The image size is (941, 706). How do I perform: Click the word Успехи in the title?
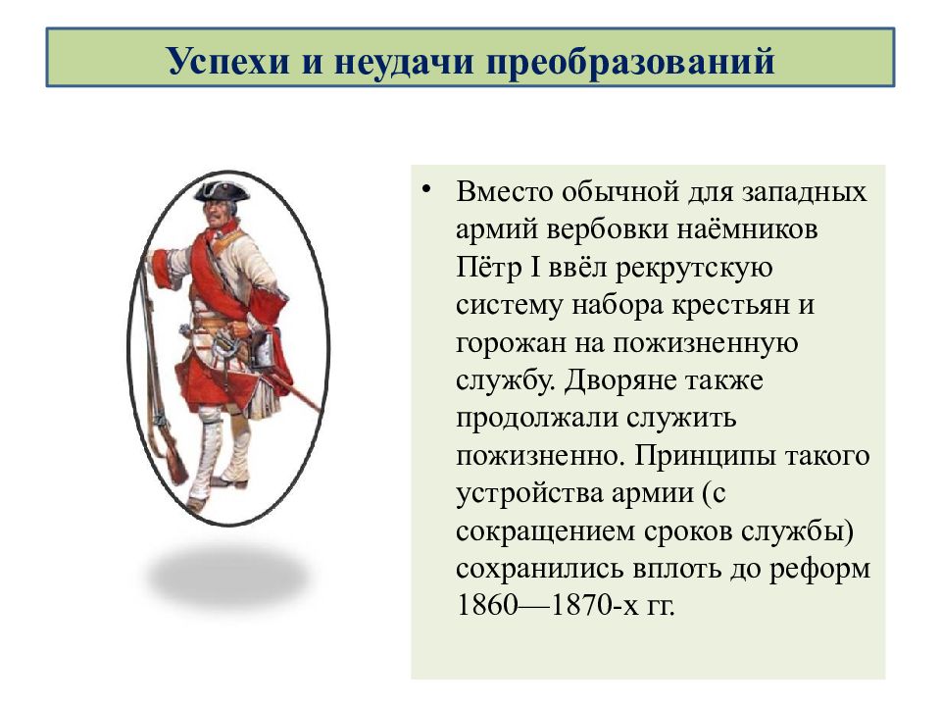228,61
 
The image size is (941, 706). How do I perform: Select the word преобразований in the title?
630,61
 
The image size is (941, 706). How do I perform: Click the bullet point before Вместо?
426,189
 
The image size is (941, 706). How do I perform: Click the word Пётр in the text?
488,267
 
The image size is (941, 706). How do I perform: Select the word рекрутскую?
694,269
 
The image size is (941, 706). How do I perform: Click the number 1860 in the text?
487,605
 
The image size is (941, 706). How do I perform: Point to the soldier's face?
215,214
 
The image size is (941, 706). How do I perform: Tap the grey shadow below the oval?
228,577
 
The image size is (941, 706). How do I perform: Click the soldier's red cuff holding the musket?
159,269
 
